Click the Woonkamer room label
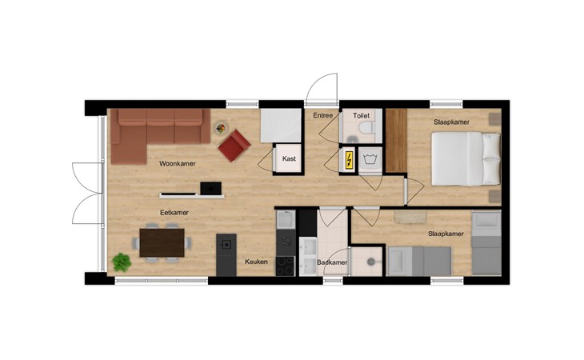click(178, 163)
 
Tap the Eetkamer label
click(174, 213)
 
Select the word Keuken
click(256, 262)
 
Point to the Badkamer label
click(332, 262)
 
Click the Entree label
click(323, 115)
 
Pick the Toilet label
click(362, 116)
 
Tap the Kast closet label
click(289, 158)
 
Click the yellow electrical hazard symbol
click(350, 160)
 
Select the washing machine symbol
click(370, 160)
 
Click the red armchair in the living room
click(234, 146)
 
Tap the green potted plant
click(122, 262)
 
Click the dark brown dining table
click(162, 242)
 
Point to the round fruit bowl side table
click(221, 128)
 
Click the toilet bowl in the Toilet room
click(366, 127)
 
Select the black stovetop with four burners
click(286, 266)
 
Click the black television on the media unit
click(211, 188)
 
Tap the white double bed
click(466, 158)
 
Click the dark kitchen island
click(226, 255)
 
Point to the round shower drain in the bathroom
click(371, 262)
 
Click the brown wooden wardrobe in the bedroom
click(396, 141)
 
